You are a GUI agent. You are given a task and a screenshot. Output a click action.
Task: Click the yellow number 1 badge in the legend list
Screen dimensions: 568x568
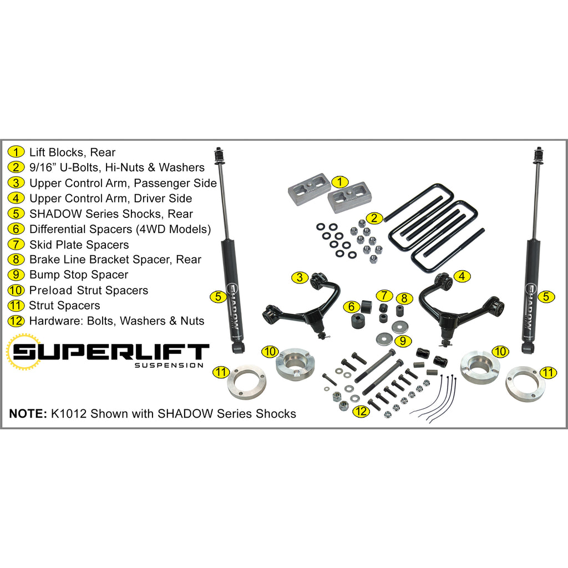coord(16,152)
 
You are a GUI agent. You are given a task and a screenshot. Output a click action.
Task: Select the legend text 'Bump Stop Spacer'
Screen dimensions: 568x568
coord(79,275)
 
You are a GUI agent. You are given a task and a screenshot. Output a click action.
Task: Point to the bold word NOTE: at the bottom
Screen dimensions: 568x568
coord(28,413)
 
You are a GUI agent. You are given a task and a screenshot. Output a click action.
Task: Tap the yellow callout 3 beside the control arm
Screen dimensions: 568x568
coord(300,278)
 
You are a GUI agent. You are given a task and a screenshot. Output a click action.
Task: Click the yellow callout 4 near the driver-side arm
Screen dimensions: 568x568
coord(462,276)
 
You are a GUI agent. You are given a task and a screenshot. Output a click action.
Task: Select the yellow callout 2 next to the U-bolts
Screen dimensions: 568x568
coord(374,218)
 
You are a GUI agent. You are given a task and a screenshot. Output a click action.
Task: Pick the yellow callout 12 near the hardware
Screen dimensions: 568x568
coord(361,411)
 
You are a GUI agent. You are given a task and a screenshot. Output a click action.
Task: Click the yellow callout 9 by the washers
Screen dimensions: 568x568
coord(403,341)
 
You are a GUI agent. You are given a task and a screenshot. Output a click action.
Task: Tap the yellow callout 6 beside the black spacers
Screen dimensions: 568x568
coord(351,307)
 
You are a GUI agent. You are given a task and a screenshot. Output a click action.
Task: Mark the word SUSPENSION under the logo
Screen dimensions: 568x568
coord(169,366)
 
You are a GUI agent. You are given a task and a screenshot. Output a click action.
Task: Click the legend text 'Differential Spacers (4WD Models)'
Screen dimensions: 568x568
coord(120,229)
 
